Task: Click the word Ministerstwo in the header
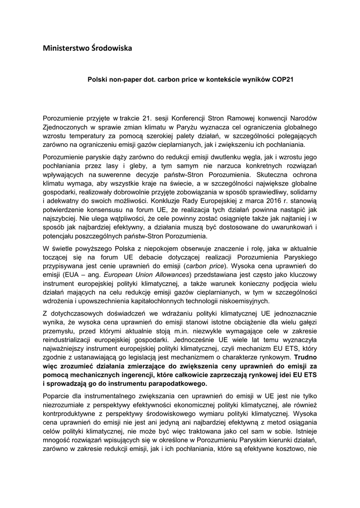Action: click(x=64, y=48)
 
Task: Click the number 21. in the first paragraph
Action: click(x=141, y=118)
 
